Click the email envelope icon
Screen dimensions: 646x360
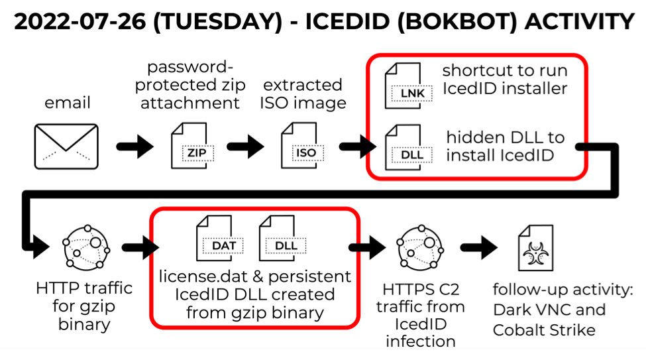click(x=66, y=147)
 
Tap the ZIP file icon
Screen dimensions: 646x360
click(x=192, y=146)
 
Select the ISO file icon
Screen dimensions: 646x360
click(x=302, y=146)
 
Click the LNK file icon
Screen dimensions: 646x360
click(x=408, y=86)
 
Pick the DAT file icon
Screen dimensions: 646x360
click(x=219, y=239)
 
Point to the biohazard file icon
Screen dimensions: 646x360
click(x=535, y=248)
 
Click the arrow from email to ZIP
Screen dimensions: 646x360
click(x=135, y=147)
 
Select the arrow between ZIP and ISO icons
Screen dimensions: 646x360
click(x=246, y=147)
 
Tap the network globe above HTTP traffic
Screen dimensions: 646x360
click(x=86, y=248)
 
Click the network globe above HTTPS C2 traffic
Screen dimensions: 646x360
click(x=420, y=248)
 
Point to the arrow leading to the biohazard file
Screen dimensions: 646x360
click(x=479, y=247)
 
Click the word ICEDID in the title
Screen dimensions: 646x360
click(x=347, y=21)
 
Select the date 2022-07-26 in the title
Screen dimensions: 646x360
click(x=80, y=21)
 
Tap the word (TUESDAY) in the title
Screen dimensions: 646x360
click(x=217, y=22)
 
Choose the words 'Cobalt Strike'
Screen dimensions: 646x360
click(x=544, y=330)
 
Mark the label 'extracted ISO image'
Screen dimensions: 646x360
click(x=303, y=93)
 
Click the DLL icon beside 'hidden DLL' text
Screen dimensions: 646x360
click(x=408, y=147)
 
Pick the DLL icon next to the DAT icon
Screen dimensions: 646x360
click(x=282, y=239)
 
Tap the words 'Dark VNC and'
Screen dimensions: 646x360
click(x=549, y=310)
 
